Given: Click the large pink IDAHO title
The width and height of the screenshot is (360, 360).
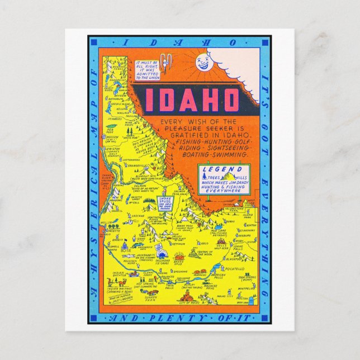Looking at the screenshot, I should (x=192, y=101).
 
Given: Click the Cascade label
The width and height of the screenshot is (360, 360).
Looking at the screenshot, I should (x=136, y=216).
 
